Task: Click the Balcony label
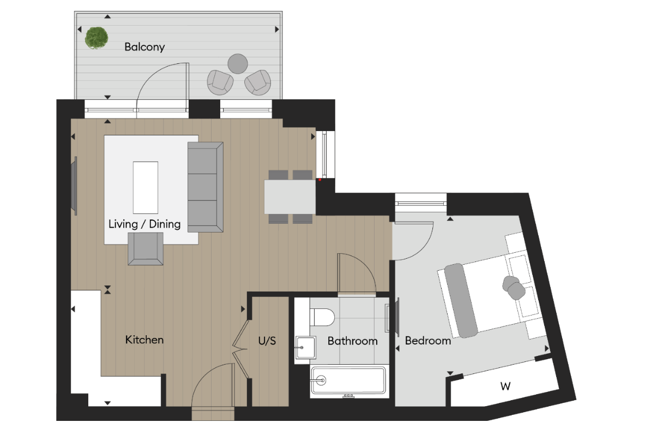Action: pos(144,47)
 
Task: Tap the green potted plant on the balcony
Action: pos(96,38)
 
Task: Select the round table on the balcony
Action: pos(238,63)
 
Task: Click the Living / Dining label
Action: pos(144,224)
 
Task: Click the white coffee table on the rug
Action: pos(146,187)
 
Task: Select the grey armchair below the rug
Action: pos(146,249)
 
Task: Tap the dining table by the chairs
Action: pos(290,197)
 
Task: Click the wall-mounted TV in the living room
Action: pos(75,186)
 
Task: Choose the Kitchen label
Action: pos(144,340)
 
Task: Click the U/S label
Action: pos(267,341)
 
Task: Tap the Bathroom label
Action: pos(352,341)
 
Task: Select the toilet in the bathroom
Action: pos(322,316)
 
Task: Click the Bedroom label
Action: pos(428,341)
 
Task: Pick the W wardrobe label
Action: pos(505,387)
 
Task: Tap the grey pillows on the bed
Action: pos(513,287)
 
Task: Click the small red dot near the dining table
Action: pos(320,180)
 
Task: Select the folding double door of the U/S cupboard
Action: pos(240,349)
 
